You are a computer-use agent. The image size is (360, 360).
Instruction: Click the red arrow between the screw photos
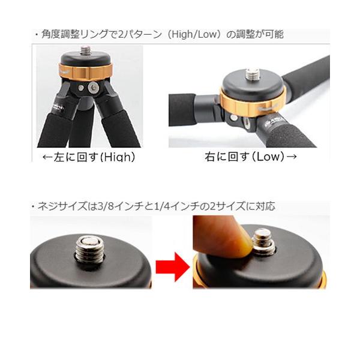[x=173, y=266]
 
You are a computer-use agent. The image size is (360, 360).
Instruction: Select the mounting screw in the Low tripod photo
[x=254, y=76]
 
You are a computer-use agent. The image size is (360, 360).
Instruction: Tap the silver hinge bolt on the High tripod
[x=93, y=88]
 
